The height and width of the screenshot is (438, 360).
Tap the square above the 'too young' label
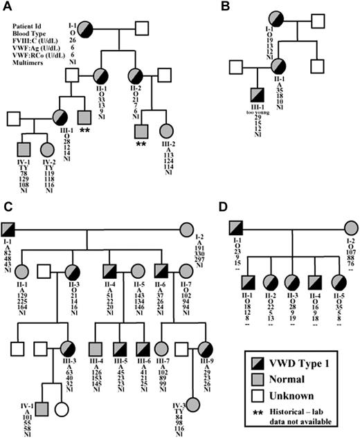coord(258,98)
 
